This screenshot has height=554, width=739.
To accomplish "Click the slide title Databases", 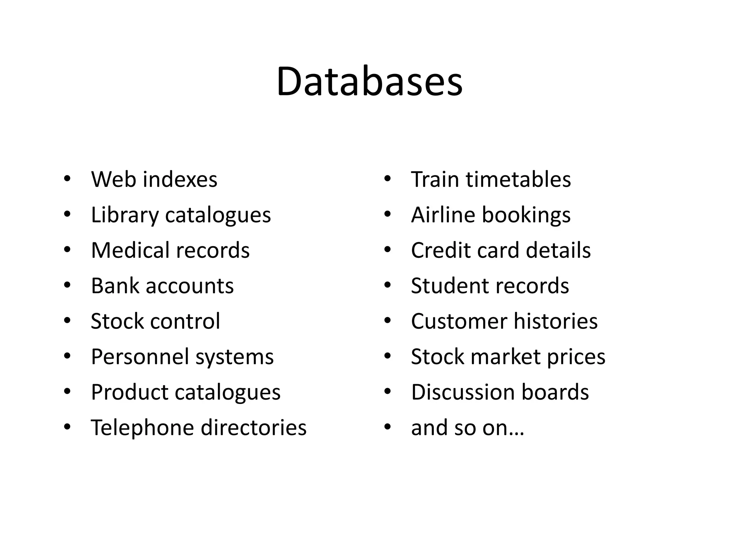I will pyautogui.click(x=369, y=82).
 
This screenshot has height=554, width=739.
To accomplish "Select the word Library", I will pyautogui.click(x=124, y=215).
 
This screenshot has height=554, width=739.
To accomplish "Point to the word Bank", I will pyautogui.click(x=115, y=286).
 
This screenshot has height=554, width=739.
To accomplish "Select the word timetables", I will pyautogui.click(x=519, y=179).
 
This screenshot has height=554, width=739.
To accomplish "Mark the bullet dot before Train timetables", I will pyautogui.click(x=388, y=179).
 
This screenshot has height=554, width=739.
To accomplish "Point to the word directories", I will pyautogui.click(x=253, y=427).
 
